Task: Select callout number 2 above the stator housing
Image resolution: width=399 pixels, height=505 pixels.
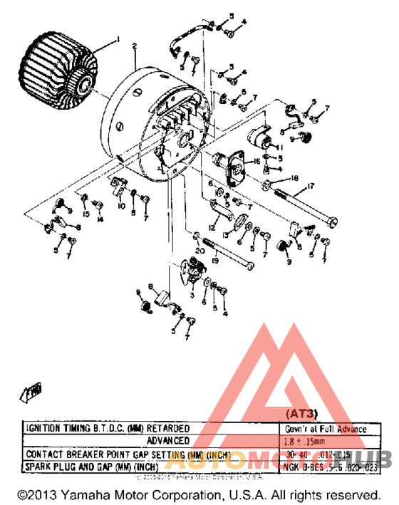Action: coord(134,46)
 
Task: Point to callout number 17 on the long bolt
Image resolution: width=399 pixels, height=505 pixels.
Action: coord(311,187)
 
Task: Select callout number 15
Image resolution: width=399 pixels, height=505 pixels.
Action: coord(85,214)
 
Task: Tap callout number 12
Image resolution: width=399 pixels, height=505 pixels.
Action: coord(212,227)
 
